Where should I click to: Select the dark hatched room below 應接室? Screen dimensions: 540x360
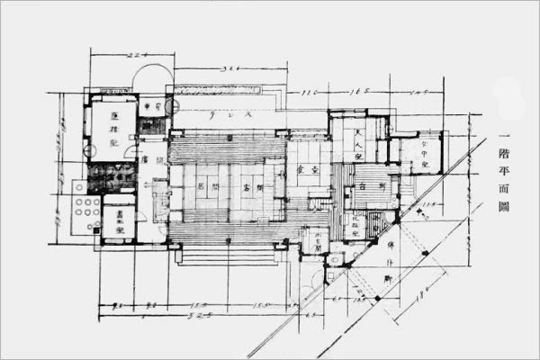[111, 173]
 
